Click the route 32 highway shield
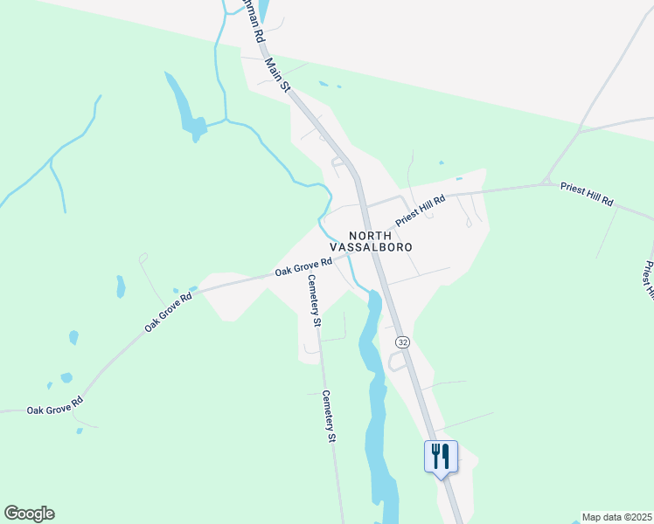pyautogui.click(x=401, y=341)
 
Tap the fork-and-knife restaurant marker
pyautogui.click(x=440, y=456)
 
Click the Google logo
pyautogui.click(x=29, y=514)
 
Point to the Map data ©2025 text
pyautogui.click(x=616, y=517)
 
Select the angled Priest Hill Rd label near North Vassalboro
pyautogui.click(x=421, y=210)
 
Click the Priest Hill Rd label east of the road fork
pyautogui.click(x=587, y=194)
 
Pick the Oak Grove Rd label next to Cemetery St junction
pyautogui.click(x=303, y=266)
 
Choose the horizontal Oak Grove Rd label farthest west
pyautogui.click(x=54, y=406)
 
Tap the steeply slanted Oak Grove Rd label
pyautogui.click(x=165, y=313)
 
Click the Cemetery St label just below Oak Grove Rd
pyautogui.click(x=313, y=300)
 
